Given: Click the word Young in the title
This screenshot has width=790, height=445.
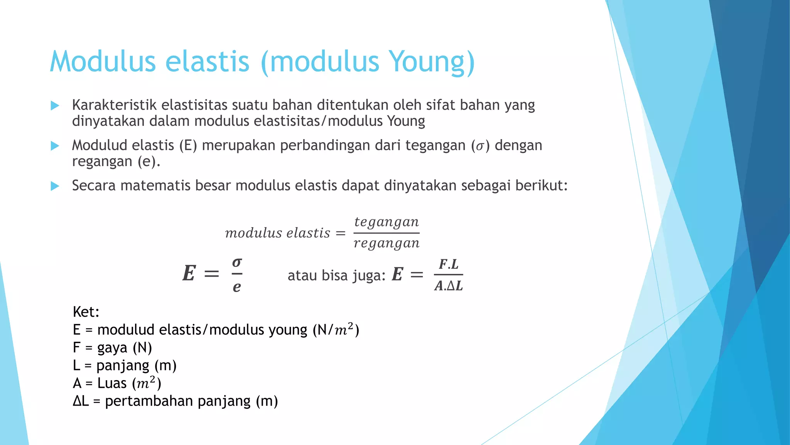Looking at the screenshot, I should (427, 62).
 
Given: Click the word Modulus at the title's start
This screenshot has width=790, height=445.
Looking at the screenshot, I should (102, 62).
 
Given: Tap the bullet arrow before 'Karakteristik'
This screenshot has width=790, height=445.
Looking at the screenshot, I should (55, 105).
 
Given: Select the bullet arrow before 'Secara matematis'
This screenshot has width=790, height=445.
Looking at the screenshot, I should (55, 186).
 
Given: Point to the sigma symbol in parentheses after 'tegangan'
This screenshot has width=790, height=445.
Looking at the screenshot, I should (479, 146).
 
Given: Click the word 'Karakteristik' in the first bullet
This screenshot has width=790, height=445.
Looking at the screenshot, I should (114, 105).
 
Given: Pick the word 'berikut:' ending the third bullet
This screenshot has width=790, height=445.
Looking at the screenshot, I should (542, 186).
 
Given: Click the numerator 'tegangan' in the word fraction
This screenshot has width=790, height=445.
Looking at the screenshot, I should (387, 222).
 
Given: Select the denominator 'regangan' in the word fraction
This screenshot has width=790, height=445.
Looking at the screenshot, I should (387, 243).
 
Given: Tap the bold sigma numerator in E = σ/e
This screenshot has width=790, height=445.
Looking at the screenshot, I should (237, 263).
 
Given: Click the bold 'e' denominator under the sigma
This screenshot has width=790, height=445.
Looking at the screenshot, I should (237, 287).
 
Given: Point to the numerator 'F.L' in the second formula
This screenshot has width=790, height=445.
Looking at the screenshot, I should (449, 265).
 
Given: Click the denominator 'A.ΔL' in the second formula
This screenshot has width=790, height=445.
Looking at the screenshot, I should (449, 286).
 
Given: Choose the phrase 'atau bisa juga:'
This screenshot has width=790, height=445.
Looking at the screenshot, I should (336, 275).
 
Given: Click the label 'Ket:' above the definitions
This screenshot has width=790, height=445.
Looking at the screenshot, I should (86, 312).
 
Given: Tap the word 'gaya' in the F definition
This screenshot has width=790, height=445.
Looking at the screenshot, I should (112, 348).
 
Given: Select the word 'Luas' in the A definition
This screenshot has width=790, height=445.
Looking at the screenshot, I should (112, 383).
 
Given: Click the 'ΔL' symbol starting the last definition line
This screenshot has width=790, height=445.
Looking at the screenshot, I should (81, 401).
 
